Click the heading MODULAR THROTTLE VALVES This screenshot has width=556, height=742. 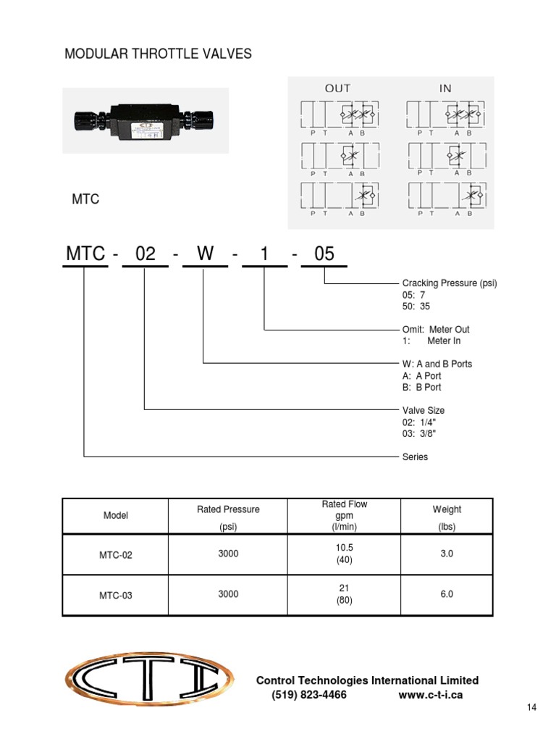[x=159, y=54]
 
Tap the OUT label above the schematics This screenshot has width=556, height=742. [x=337, y=88]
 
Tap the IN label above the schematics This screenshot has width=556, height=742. [x=445, y=88]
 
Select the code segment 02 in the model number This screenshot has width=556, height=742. [x=146, y=254]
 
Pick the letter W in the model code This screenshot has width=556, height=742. [x=206, y=254]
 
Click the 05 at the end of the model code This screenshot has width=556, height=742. [x=324, y=254]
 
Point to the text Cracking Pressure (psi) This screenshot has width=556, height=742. [x=450, y=283]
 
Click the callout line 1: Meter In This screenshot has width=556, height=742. [x=431, y=341]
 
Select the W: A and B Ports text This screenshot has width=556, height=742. [x=437, y=364]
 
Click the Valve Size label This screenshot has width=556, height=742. [x=424, y=410]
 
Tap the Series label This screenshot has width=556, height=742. [x=415, y=457]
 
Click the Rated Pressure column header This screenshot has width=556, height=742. [x=228, y=509]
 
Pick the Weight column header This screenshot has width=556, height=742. [x=447, y=509]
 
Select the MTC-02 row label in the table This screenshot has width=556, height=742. [x=116, y=555]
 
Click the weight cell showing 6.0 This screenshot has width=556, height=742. [x=447, y=594]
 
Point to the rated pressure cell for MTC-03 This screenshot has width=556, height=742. [x=228, y=594]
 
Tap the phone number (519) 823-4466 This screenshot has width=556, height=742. [x=309, y=695]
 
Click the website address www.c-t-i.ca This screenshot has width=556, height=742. [x=431, y=695]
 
